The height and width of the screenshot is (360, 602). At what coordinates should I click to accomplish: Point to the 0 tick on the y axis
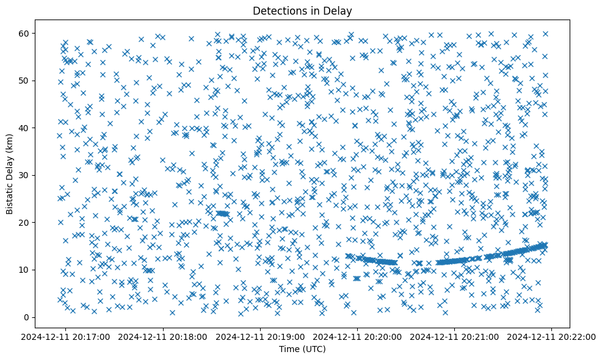[27, 317]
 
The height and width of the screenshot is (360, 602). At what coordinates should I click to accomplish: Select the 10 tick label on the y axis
[24, 270]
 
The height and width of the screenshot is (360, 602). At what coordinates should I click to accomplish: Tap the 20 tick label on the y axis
[24, 223]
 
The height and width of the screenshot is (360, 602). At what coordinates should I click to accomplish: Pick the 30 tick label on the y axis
[24, 175]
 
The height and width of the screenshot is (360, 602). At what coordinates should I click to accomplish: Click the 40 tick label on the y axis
[24, 128]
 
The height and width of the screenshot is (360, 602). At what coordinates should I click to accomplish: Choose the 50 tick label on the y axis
[24, 81]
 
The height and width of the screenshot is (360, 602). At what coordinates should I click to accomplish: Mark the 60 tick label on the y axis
[24, 33]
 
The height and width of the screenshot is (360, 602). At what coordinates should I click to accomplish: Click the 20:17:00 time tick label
[67, 336]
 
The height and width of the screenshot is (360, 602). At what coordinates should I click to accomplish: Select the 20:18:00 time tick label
[164, 336]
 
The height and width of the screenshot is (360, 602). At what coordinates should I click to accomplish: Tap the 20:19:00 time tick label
[261, 336]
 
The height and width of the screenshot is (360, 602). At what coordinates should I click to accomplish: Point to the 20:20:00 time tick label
[358, 336]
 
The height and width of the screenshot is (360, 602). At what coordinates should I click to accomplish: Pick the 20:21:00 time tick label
[455, 336]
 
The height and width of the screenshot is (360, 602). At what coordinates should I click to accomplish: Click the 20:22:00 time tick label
[552, 336]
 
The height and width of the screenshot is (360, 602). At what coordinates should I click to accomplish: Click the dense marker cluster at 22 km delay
[222, 214]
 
